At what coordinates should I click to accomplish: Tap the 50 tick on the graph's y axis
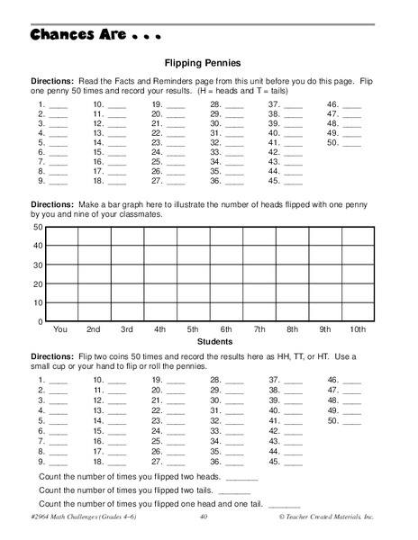(x=37, y=226)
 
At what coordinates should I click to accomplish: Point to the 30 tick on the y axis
(x=37, y=265)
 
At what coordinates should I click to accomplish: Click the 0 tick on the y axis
(x=39, y=321)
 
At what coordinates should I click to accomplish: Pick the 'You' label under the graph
(x=60, y=330)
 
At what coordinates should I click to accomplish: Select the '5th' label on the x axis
(x=193, y=330)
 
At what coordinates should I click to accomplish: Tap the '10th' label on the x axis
(x=358, y=330)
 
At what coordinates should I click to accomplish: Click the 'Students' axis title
(x=208, y=342)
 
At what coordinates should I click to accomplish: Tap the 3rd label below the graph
(x=127, y=330)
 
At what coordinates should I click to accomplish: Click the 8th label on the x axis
(x=292, y=330)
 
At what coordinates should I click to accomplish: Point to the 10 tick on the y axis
(x=37, y=303)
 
